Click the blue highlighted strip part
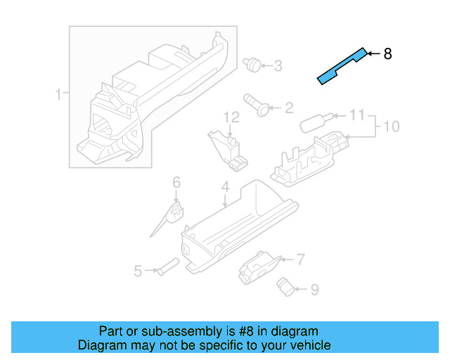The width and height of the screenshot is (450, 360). pyautogui.click(x=341, y=66)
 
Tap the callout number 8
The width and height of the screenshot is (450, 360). pyautogui.click(x=387, y=54)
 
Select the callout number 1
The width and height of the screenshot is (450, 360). pyautogui.click(x=59, y=94)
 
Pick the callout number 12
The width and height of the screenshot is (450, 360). pyautogui.click(x=231, y=117)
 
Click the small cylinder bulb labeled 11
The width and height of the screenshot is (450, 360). pyautogui.click(x=311, y=124)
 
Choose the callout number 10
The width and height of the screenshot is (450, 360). pyautogui.click(x=391, y=127)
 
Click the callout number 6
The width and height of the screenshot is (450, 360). pyautogui.click(x=176, y=183)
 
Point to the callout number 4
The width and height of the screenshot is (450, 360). pyautogui.click(x=225, y=187)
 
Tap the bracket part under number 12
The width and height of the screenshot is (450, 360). pyautogui.click(x=229, y=149)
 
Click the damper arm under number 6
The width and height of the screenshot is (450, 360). pyautogui.click(x=166, y=219)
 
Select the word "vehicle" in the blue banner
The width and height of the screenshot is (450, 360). pyautogui.click(x=307, y=345)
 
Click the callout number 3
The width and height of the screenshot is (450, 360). pyautogui.click(x=278, y=66)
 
